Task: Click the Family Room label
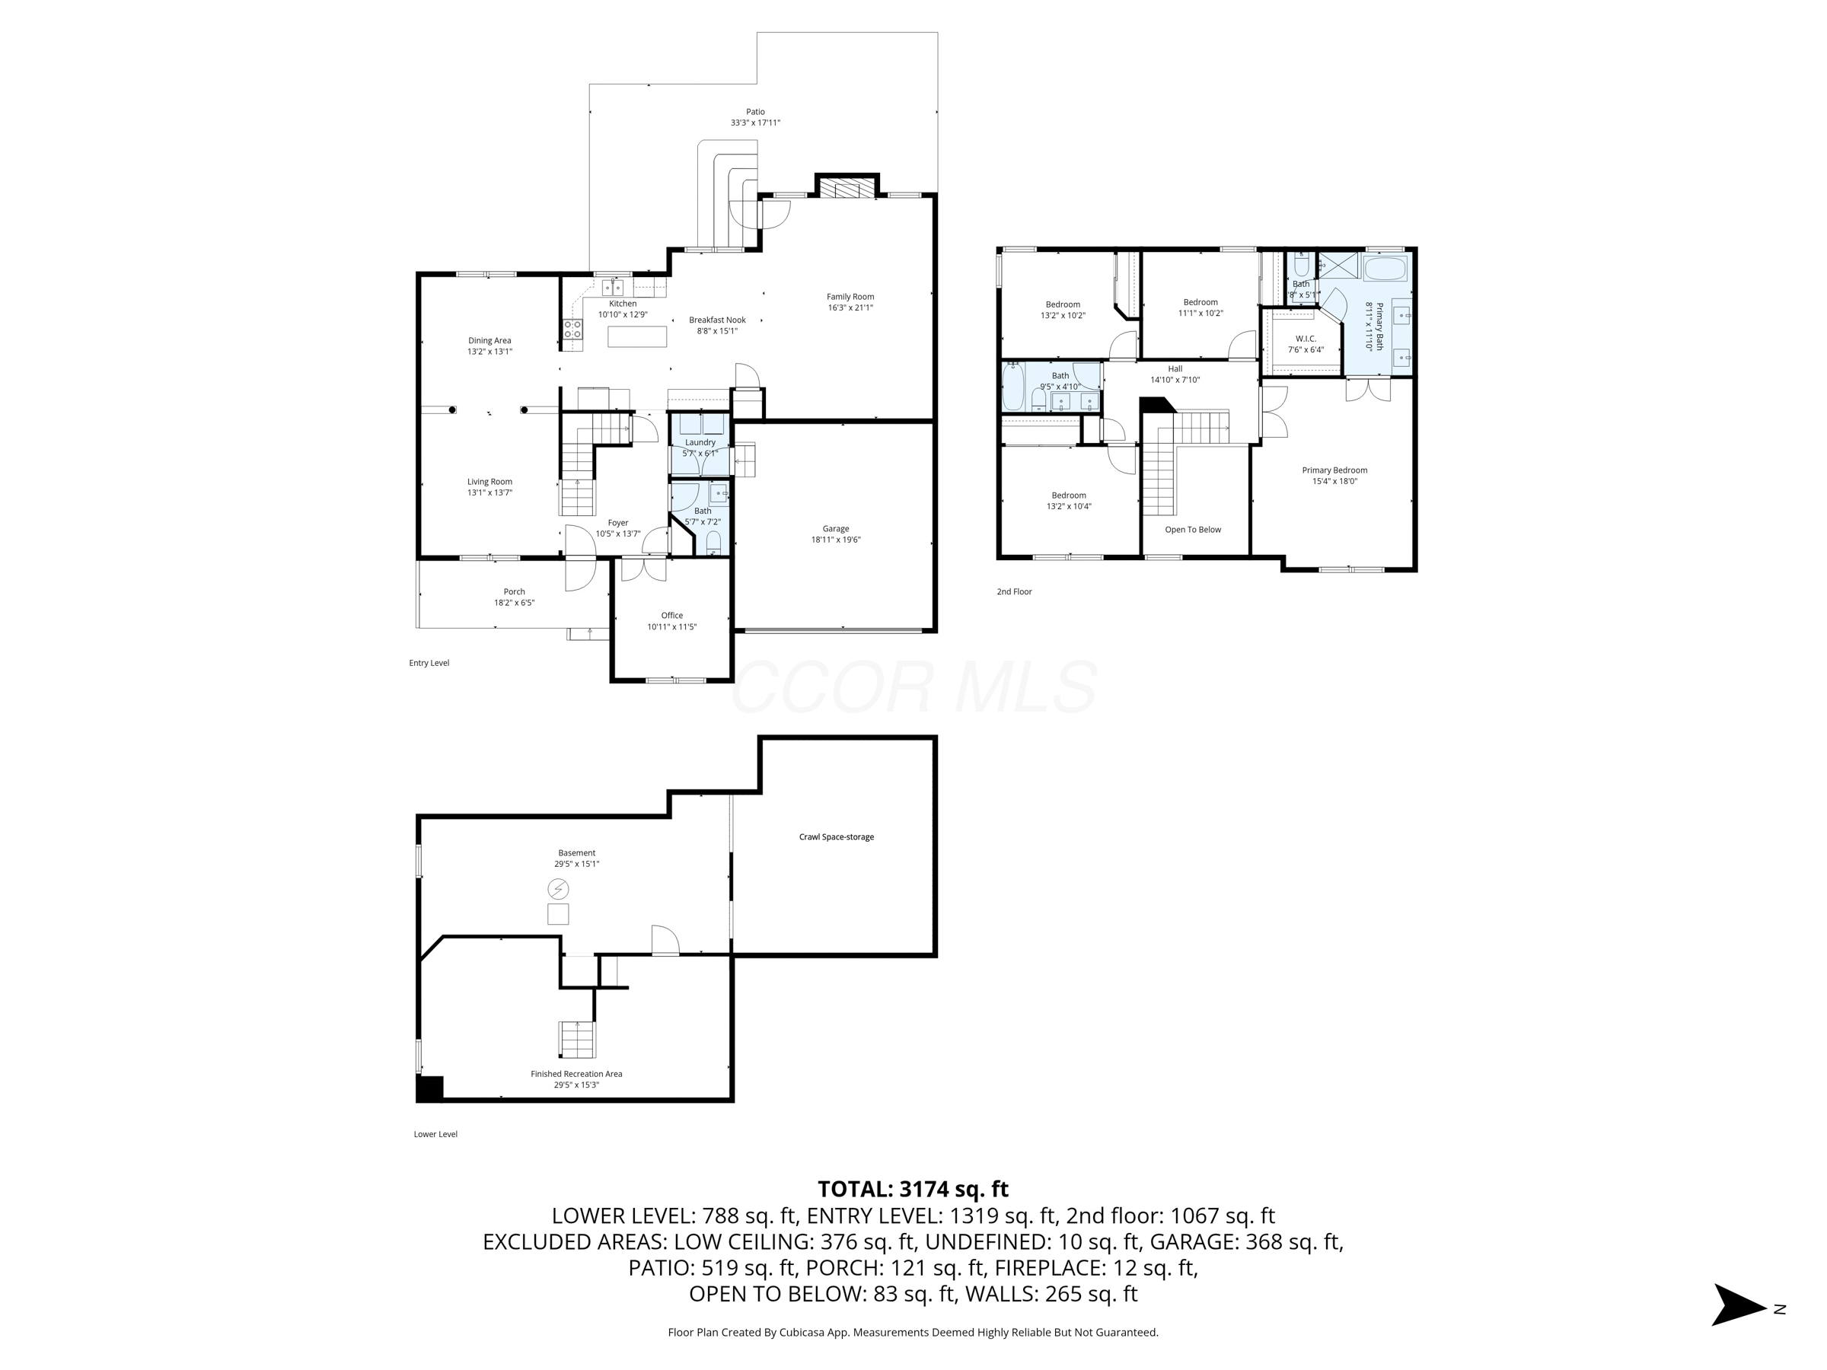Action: point(850,297)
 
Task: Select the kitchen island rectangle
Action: point(638,336)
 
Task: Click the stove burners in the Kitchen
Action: point(572,330)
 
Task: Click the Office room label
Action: point(671,615)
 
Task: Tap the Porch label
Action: point(514,591)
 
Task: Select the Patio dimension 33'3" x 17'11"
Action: point(755,123)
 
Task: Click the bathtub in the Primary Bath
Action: point(1384,269)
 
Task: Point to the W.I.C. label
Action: point(1305,339)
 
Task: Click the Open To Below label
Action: point(1192,529)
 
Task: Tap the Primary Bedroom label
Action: point(1334,470)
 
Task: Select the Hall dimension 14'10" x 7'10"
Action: point(1175,380)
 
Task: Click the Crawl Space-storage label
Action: point(836,836)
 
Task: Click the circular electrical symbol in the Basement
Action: point(558,888)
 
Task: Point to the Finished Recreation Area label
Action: point(576,1073)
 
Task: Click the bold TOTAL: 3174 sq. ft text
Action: point(913,1189)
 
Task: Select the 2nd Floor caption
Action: point(1013,591)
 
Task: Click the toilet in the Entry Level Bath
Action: point(713,542)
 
